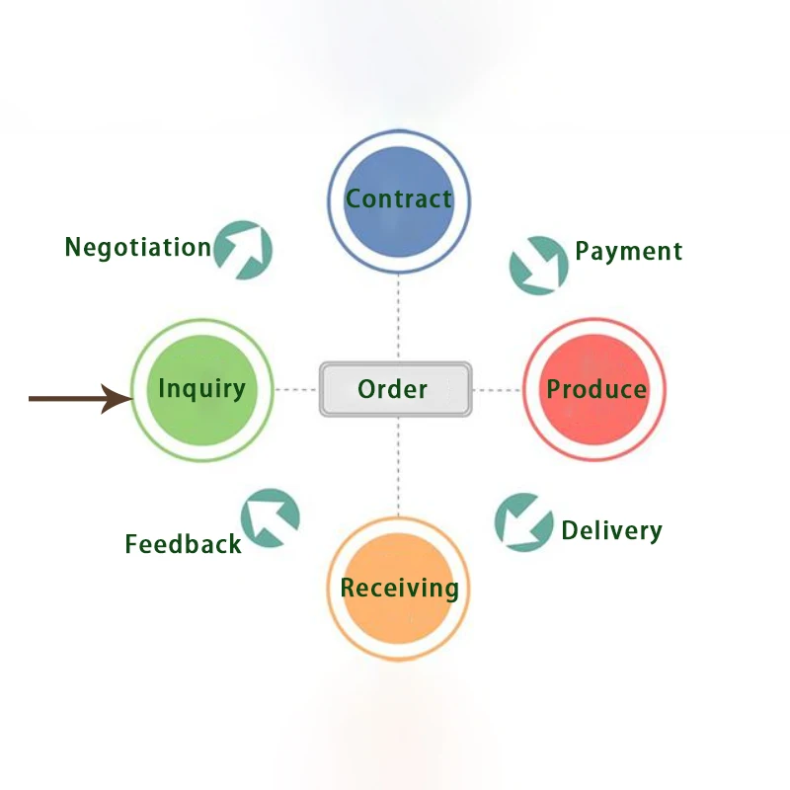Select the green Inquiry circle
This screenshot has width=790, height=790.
201,390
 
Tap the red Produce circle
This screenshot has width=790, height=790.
594,389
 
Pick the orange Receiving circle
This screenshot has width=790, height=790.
399,589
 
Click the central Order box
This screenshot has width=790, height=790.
395,389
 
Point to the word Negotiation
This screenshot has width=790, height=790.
138,247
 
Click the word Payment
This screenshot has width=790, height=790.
629,251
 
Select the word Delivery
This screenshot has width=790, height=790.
611,530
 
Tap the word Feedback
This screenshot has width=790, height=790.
183,543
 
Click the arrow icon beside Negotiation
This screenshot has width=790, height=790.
243,250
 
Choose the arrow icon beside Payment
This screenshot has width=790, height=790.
538,265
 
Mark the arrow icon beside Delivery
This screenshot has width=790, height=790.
523,521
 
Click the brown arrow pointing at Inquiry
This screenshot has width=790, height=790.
79,399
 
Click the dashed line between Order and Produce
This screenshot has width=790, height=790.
497,390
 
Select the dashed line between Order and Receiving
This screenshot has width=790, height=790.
399,466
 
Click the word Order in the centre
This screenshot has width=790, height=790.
393,389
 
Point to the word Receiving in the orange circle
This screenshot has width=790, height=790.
399,589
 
